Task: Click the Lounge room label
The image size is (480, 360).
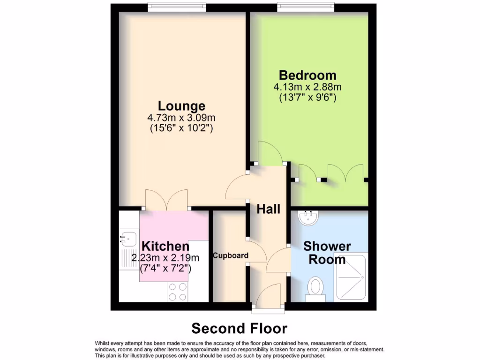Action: coord(181,106)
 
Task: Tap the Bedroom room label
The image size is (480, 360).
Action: coord(307,75)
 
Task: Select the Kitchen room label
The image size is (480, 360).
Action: coord(165,246)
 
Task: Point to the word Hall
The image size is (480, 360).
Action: coord(268,209)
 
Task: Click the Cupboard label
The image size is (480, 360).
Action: coord(230,255)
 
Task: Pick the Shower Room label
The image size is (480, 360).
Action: coord(327,253)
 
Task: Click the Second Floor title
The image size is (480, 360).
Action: coord(239,328)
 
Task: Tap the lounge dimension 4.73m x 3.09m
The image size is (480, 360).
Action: coord(181,117)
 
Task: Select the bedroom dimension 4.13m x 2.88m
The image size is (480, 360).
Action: coord(307,87)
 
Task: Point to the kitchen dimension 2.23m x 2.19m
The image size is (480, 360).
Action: coord(165,257)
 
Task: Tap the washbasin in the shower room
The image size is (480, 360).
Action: coord(308,217)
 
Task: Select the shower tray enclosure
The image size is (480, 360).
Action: coord(352,277)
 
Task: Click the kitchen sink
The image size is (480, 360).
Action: coord(127,239)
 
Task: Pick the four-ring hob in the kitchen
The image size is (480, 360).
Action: coord(178,292)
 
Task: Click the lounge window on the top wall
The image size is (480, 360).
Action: coord(176,7)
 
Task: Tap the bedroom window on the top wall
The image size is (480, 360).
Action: coord(305,7)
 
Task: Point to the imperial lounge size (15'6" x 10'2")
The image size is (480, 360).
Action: coord(181,127)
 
